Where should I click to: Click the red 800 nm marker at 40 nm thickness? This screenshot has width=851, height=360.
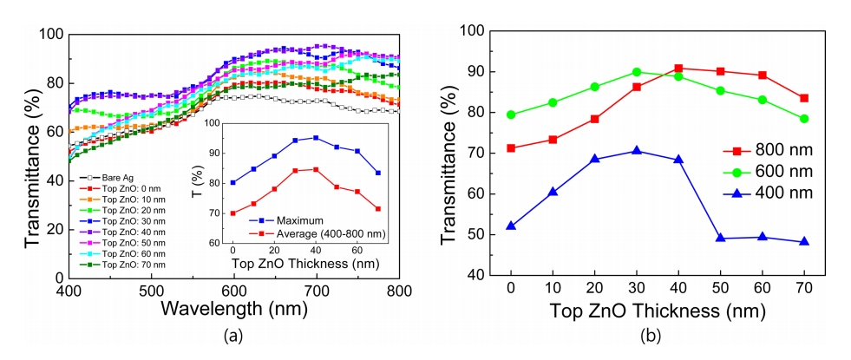coord(678,68)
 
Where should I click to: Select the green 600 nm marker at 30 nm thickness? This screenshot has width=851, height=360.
coord(637,72)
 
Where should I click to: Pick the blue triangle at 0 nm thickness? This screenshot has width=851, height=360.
coord(511,226)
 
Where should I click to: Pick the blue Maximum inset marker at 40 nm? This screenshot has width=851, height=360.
coord(316,138)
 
